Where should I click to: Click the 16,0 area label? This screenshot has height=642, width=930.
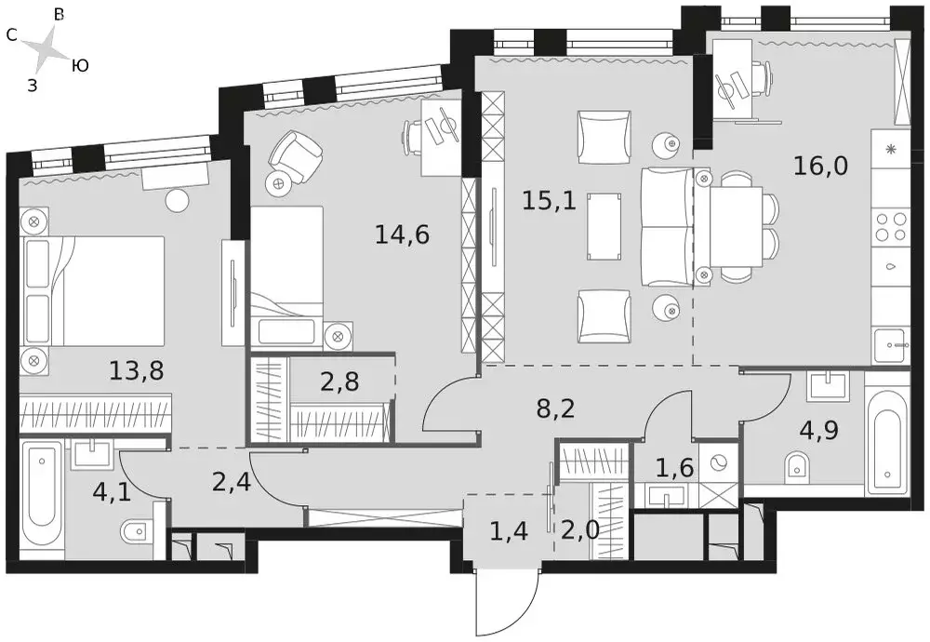820,167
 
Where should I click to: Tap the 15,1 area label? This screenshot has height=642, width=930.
549,201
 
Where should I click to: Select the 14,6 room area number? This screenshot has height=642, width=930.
402,235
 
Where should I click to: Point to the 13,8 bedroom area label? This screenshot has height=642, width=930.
137,370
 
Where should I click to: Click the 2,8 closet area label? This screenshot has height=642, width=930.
339,382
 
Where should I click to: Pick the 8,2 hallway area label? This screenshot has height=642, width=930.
556,408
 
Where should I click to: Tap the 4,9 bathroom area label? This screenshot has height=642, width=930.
819,430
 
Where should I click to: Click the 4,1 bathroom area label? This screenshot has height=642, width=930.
113,492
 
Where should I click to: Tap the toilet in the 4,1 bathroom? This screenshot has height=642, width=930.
137,532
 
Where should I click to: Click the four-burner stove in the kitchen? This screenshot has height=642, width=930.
891,226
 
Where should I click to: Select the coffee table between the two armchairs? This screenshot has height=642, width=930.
605,225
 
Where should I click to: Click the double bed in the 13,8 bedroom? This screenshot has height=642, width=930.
92,290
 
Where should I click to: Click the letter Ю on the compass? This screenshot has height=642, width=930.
80,65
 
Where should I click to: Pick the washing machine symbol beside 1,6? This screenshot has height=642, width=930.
718,462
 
